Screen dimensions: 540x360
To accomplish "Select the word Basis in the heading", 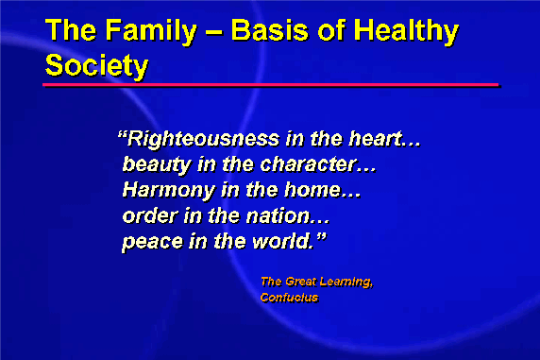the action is click(269, 30).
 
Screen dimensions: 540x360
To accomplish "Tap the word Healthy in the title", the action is click(406, 31).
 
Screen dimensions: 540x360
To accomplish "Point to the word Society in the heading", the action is click(96, 65).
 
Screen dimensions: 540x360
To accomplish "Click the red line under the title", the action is click(270, 84).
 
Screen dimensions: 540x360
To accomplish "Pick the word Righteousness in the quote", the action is click(203, 140).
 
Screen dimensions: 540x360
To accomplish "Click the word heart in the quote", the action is click(376, 139).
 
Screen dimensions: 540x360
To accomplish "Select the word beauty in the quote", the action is click(157, 164).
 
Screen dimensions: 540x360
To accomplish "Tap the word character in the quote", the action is click(308, 164).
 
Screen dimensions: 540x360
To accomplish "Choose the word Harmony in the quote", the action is click(169, 191).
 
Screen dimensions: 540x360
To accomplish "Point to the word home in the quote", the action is click(312, 190).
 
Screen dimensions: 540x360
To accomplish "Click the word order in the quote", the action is click(150, 216).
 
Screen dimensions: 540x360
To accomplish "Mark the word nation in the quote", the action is click(278, 216).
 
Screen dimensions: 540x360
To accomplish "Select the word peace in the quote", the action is click(152, 242).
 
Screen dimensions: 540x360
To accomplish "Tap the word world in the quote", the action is click(280, 241).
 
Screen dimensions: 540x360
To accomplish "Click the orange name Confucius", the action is click(289, 298).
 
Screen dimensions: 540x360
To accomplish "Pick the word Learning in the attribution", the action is click(346, 283).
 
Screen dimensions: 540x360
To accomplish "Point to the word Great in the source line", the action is click(300, 282).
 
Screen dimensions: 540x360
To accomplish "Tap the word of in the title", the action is click(331, 30).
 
